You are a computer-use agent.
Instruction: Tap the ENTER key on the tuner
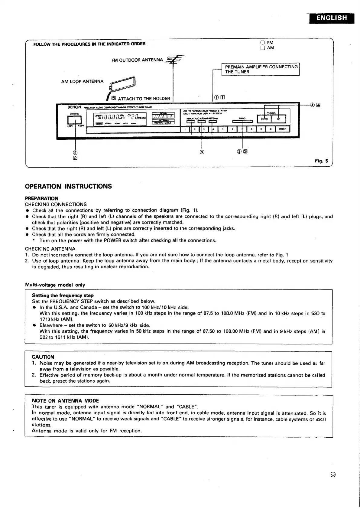(x=282, y=129)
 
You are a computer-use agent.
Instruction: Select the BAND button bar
(x=242, y=122)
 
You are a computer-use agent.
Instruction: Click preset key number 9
(x=261, y=129)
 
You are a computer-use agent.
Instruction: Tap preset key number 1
(x=185, y=129)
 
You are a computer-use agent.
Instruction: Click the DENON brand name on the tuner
(x=74, y=107)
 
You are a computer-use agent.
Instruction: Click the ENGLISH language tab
(x=332, y=18)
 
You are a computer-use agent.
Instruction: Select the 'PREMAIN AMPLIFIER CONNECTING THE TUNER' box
(x=261, y=69)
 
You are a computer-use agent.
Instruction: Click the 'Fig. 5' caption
(x=321, y=161)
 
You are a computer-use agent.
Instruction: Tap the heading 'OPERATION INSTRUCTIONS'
(x=68, y=186)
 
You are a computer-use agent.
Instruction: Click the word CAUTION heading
(x=43, y=357)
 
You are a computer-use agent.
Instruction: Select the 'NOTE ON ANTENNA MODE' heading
(x=65, y=401)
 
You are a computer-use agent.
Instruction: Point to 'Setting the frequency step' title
(x=63, y=295)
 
